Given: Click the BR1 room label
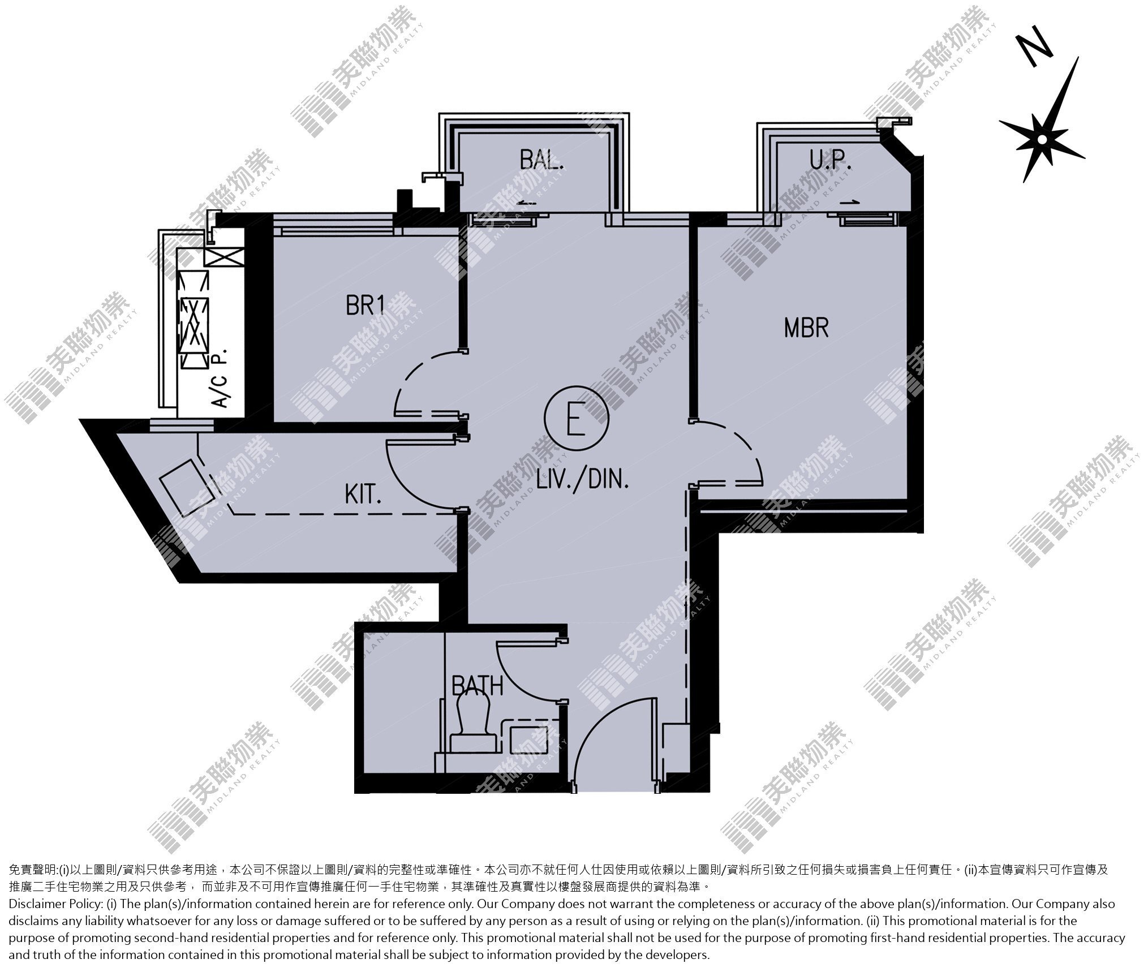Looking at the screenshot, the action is pyautogui.click(x=366, y=306).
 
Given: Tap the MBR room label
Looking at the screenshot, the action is pyautogui.click(x=806, y=328).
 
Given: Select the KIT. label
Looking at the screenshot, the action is pyautogui.click(x=363, y=495).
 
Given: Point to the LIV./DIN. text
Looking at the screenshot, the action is pyautogui.click(x=582, y=481).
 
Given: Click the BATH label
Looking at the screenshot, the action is pyautogui.click(x=477, y=685).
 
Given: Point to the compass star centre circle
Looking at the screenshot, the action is pyautogui.click(x=1042, y=139).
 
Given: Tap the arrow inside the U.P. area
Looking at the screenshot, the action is pyautogui.click(x=849, y=202).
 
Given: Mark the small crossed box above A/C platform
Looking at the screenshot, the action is pyautogui.click(x=225, y=257).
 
